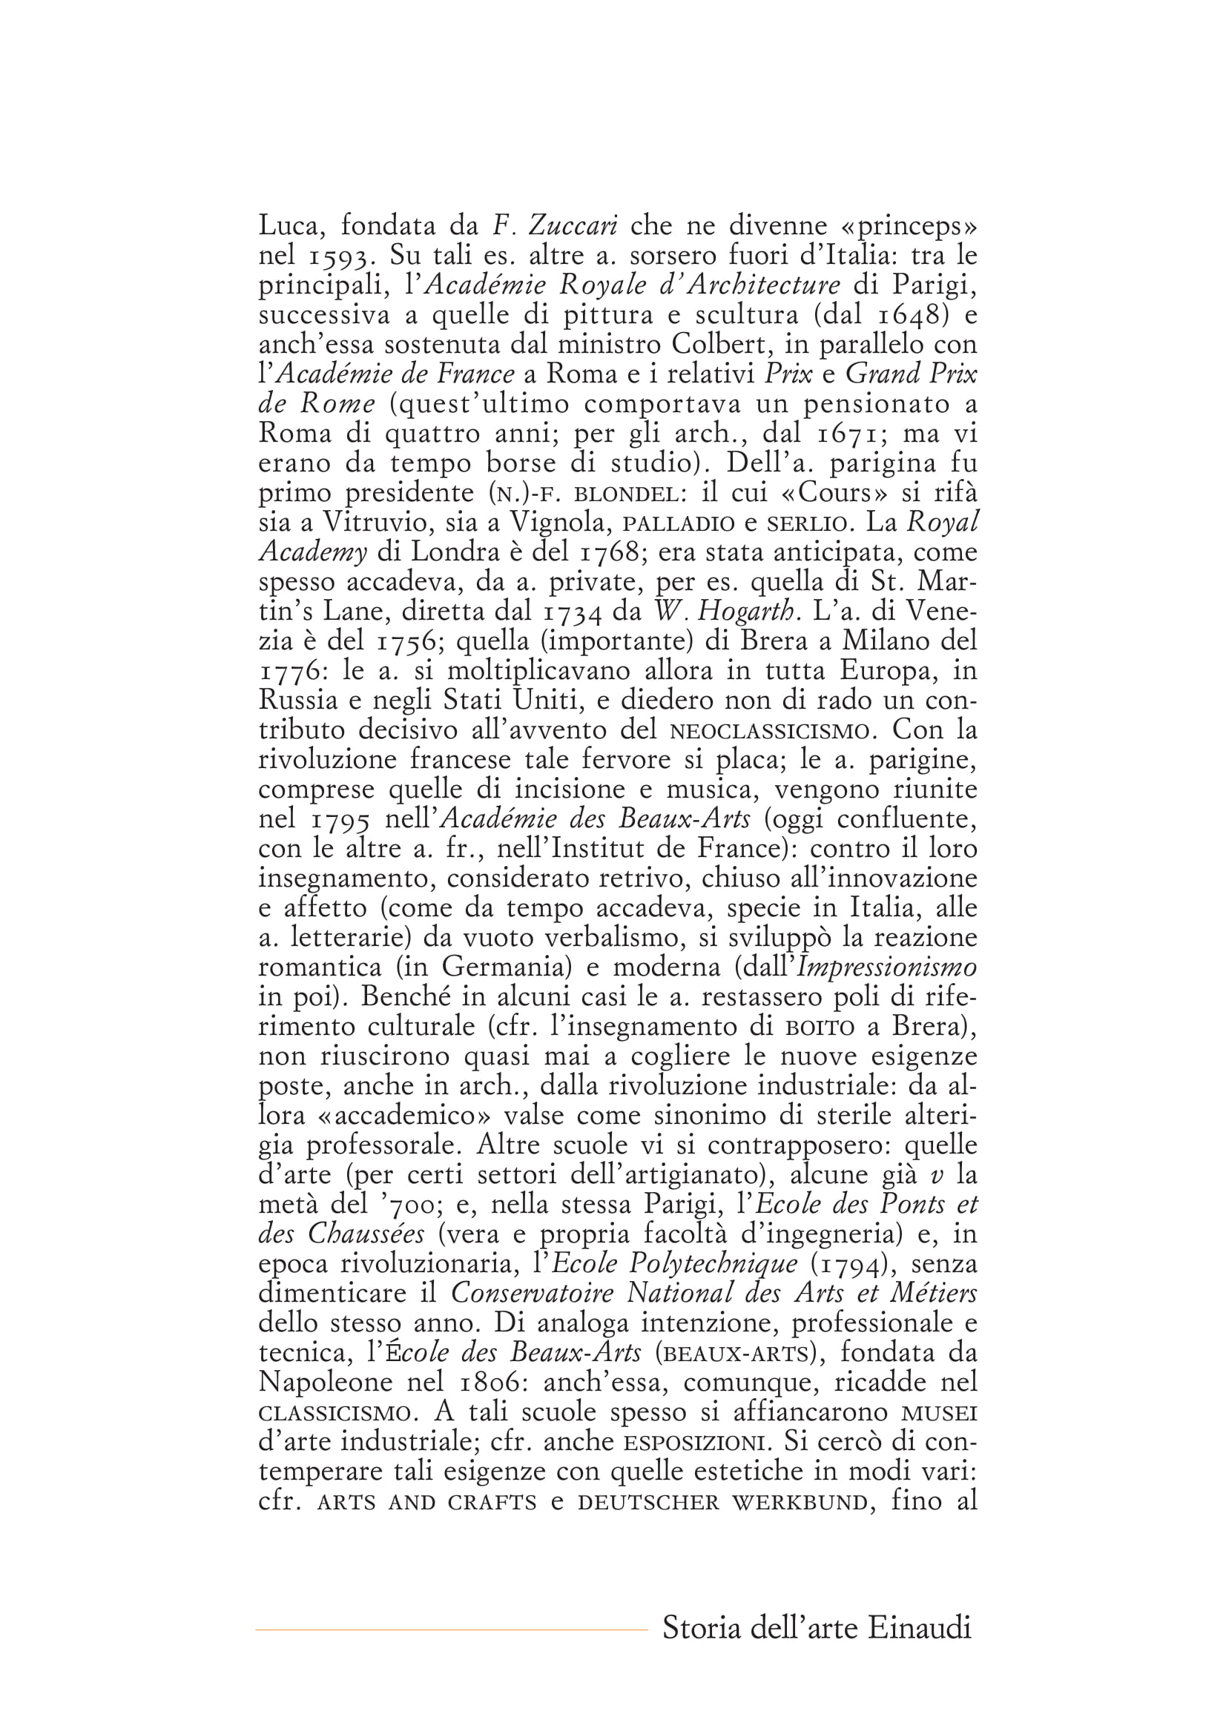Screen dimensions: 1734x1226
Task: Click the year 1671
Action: click(853, 434)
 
